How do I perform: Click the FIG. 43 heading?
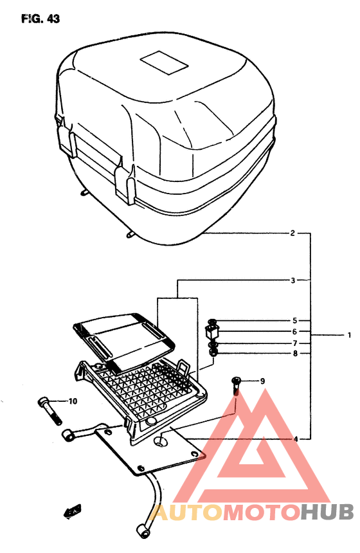coord(40,19)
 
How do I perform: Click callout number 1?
coord(349,335)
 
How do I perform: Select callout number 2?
coord(292,233)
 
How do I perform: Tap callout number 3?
coord(292,280)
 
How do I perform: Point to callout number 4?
coord(296,439)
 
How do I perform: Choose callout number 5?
coord(294,320)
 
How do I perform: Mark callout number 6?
coord(294,332)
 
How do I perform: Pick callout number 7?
coord(294,343)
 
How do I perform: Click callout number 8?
coord(294,354)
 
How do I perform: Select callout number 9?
coord(262,381)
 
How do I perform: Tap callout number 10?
coord(73,402)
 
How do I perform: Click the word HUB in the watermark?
coord(327,512)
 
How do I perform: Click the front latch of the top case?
coord(125,183)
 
